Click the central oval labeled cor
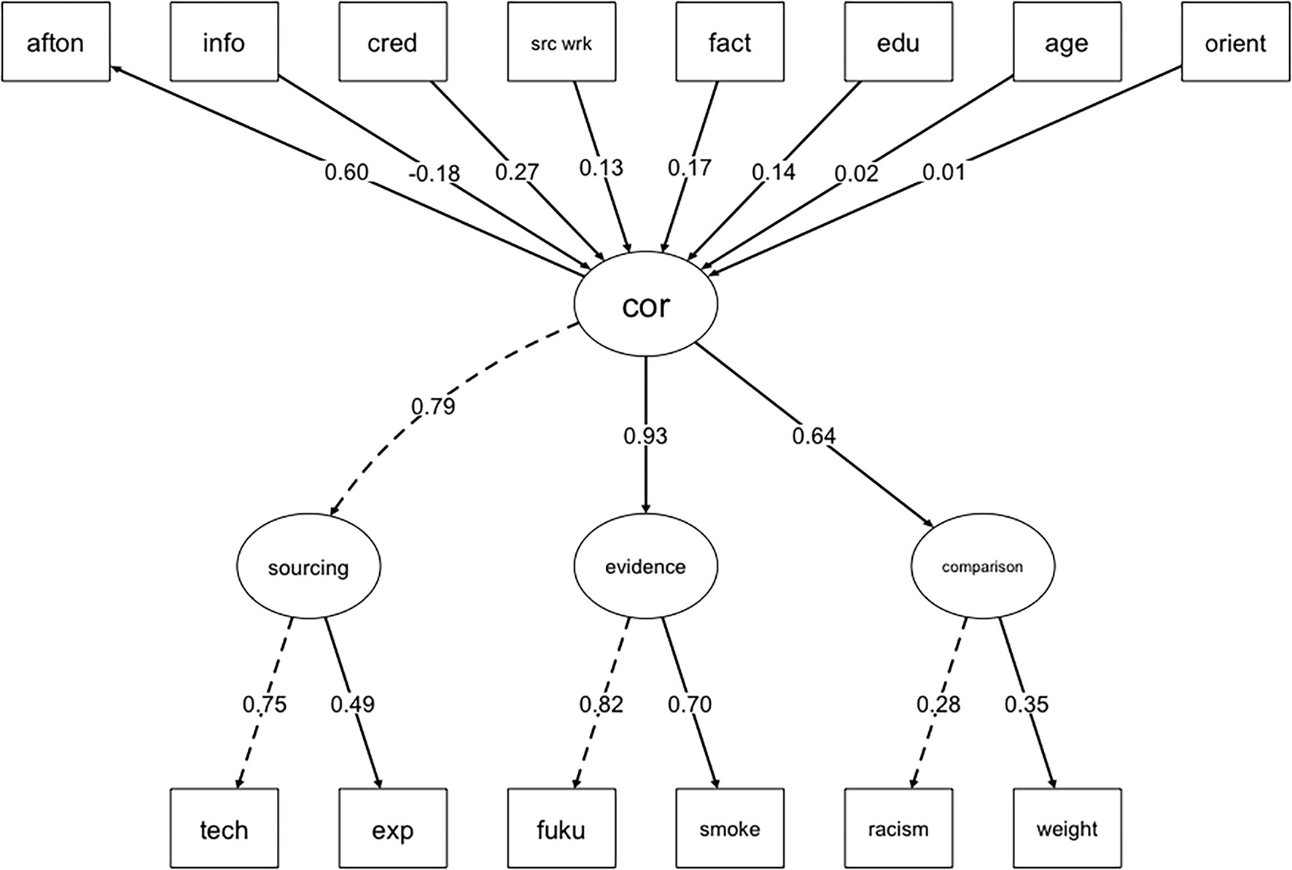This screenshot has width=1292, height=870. coord(646,305)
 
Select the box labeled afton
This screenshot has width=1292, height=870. coord(55,42)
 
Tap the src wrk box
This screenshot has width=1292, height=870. coord(561,42)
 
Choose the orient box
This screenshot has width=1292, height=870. coord(1235,42)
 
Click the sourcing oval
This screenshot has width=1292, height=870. coord(308,567)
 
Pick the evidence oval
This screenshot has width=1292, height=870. coord(646,567)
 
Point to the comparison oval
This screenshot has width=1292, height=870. coord(982,567)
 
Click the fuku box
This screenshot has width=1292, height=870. coord(561,828)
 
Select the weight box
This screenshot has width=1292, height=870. coord(1067,828)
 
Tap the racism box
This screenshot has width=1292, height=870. coord(898,828)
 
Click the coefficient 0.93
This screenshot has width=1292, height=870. coord(645,436)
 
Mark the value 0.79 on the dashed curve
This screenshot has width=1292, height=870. coord(433,406)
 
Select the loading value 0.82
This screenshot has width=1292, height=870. coord(602,704)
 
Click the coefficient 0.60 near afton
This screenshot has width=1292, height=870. coord(346,172)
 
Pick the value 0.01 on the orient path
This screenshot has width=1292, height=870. coord(943,172)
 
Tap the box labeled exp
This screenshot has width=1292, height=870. coord(393,828)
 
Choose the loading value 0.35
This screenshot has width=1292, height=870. coord(1027,704)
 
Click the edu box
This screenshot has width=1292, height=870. coord(898,42)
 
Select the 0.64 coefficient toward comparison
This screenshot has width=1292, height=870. coord(814,436)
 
